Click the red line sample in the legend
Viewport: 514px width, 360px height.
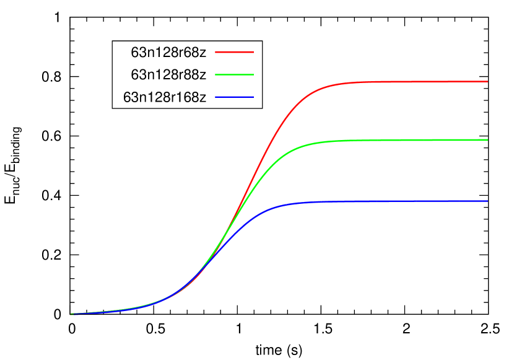click(x=234, y=52)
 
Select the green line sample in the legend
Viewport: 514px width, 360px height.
click(x=234, y=74)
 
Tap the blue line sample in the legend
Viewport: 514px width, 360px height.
click(x=234, y=97)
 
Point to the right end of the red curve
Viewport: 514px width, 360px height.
click(x=487, y=81)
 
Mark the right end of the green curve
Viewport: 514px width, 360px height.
click(x=487, y=140)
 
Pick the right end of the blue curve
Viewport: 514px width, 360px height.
click(x=487, y=201)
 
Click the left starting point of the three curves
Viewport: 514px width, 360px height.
click(x=71, y=314)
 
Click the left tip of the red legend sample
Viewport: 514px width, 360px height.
click(x=216, y=52)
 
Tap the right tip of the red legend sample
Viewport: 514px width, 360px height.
click(x=253, y=52)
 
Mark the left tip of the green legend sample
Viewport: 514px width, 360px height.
click(x=216, y=74)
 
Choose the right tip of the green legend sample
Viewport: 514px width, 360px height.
click(x=253, y=74)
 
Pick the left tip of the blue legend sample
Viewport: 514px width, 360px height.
click(x=216, y=97)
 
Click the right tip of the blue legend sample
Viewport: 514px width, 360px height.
click(x=253, y=97)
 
